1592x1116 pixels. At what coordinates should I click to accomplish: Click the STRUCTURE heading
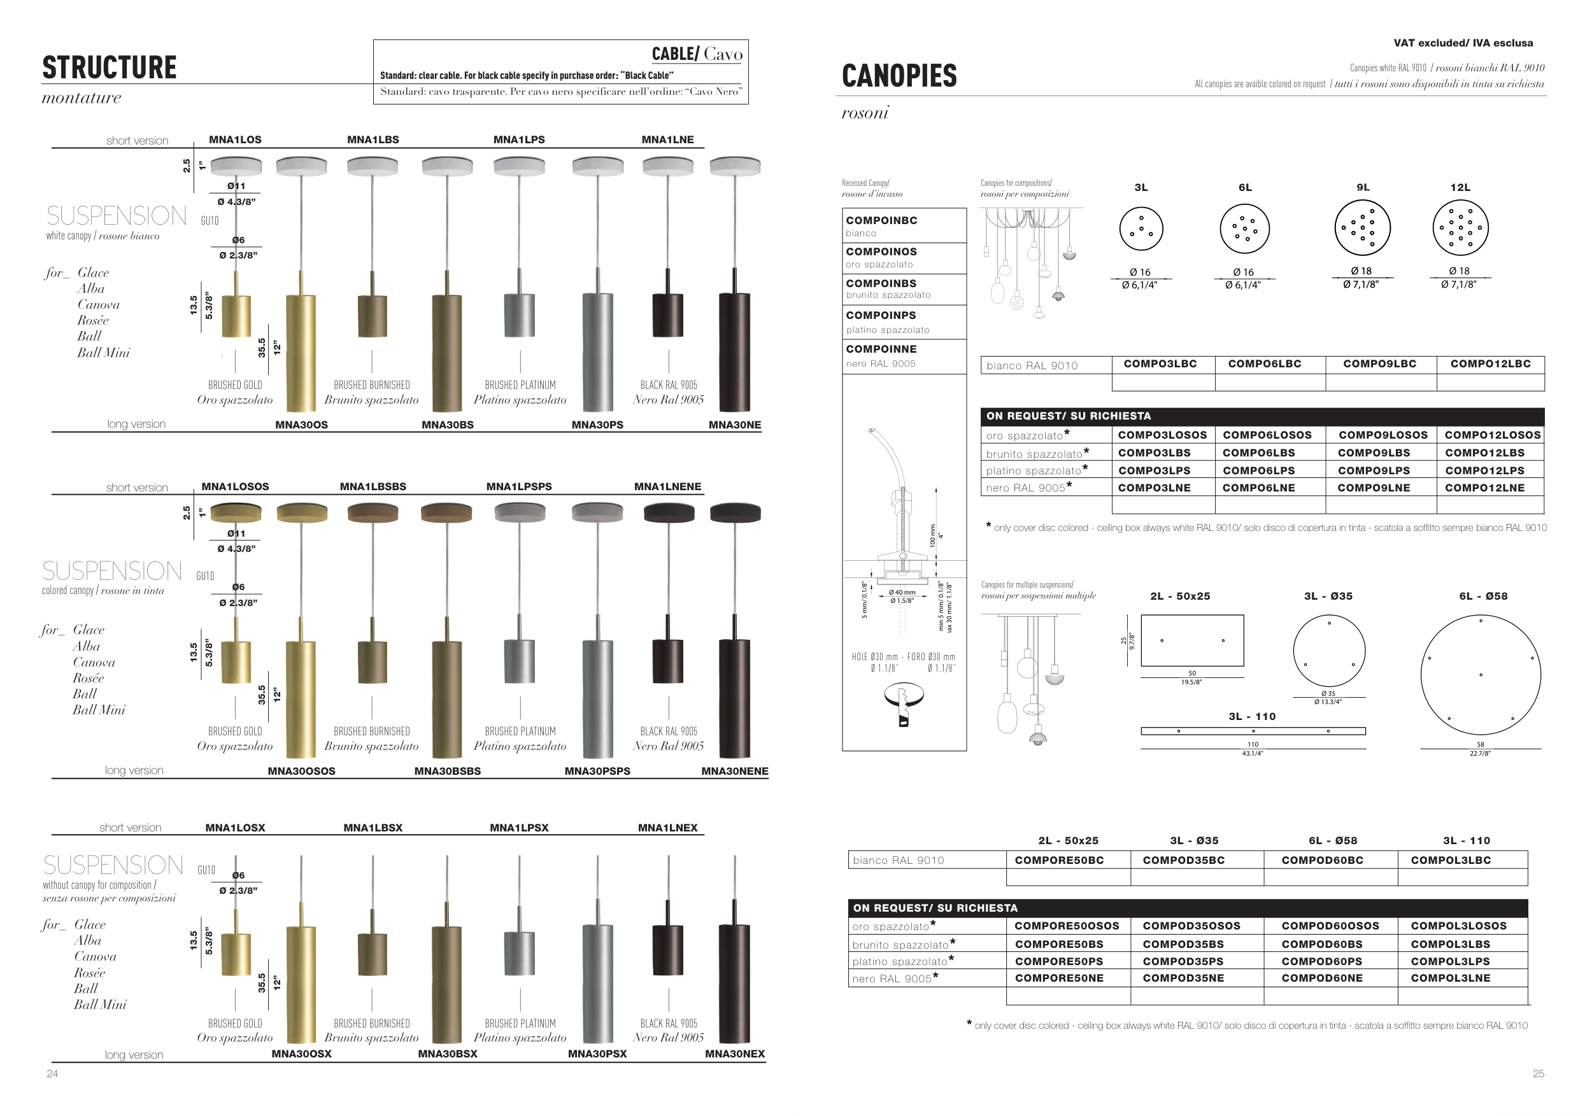pyautogui.click(x=110, y=68)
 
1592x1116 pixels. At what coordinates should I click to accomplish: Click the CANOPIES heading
pyautogui.click(x=899, y=76)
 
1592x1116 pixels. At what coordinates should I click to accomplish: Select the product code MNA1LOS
pyautogui.click(x=235, y=139)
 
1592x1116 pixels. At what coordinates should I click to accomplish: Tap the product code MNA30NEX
pyautogui.click(x=735, y=1054)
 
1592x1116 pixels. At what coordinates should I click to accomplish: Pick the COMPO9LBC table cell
pyautogui.click(x=1380, y=364)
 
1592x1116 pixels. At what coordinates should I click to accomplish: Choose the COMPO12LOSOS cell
pyautogui.click(x=1493, y=435)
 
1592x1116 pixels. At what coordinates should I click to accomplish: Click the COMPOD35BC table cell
pyautogui.click(x=1184, y=860)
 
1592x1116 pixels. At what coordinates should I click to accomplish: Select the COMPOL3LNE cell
pyautogui.click(x=1451, y=978)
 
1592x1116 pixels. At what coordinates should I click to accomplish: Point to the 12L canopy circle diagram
pyautogui.click(x=1460, y=228)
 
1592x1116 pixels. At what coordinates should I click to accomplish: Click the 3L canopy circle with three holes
pyautogui.click(x=1141, y=229)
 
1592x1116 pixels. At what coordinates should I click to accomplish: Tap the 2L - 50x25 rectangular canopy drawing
pyautogui.click(x=1192, y=640)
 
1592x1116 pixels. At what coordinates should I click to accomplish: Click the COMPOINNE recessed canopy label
pyautogui.click(x=881, y=350)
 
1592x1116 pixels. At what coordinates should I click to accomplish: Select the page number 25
pyautogui.click(x=1539, y=1073)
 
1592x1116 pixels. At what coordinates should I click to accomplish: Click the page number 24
pyautogui.click(x=52, y=1073)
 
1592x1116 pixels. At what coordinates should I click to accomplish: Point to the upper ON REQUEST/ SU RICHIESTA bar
pyautogui.click(x=1263, y=416)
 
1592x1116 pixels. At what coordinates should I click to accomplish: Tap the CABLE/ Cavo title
pyautogui.click(x=697, y=54)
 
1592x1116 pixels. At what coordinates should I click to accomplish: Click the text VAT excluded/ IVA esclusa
pyautogui.click(x=1463, y=43)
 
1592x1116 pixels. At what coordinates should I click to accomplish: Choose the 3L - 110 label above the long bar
pyautogui.click(x=1252, y=717)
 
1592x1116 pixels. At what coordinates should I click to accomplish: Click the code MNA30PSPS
pyautogui.click(x=597, y=771)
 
